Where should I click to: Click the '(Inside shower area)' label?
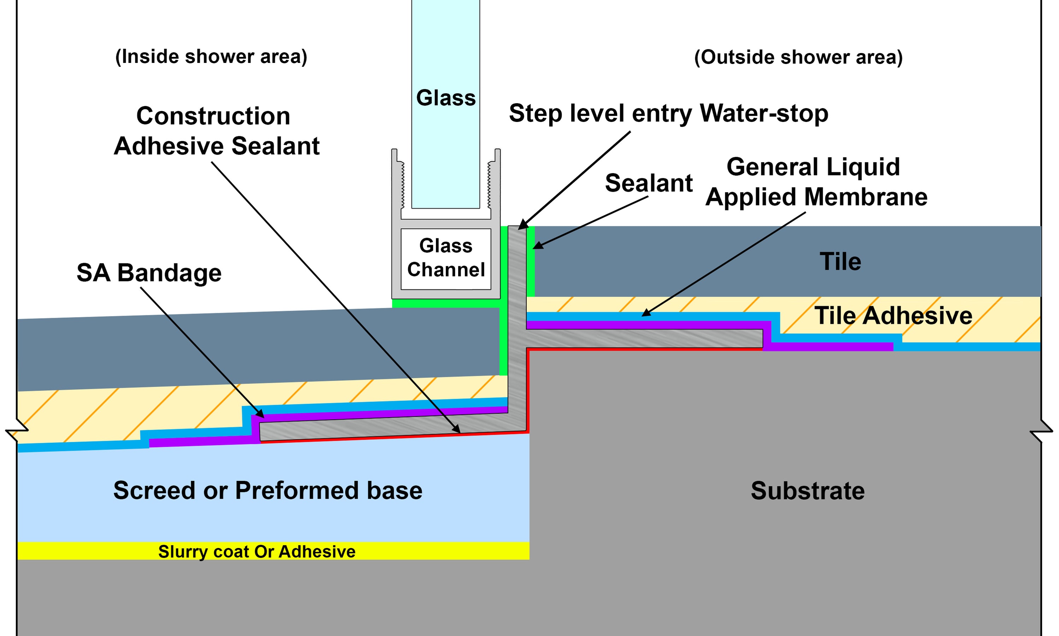click(211, 57)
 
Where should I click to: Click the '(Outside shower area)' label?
click(798, 57)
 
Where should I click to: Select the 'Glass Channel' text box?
click(446, 258)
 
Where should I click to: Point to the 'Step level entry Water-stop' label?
click(668, 113)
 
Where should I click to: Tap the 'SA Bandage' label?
click(149, 273)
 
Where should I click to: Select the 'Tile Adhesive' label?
click(893, 316)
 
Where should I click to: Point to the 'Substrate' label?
click(807, 491)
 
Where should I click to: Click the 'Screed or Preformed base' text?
click(268, 490)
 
